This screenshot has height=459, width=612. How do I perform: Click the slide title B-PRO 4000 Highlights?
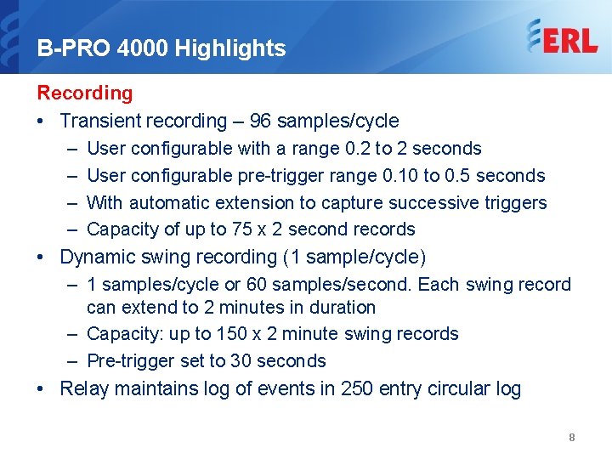click(x=161, y=48)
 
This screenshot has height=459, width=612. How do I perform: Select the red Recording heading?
click(x=85, y=93)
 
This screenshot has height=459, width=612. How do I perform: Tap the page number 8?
click(x=572, y=437)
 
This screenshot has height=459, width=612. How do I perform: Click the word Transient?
click(x=103, y=121)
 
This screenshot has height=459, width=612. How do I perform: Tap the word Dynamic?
click(x=99, y=257)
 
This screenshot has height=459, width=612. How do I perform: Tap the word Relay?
click(x=83, y=389)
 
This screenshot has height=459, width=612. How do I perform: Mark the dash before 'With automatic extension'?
click(x=70, y=203)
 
